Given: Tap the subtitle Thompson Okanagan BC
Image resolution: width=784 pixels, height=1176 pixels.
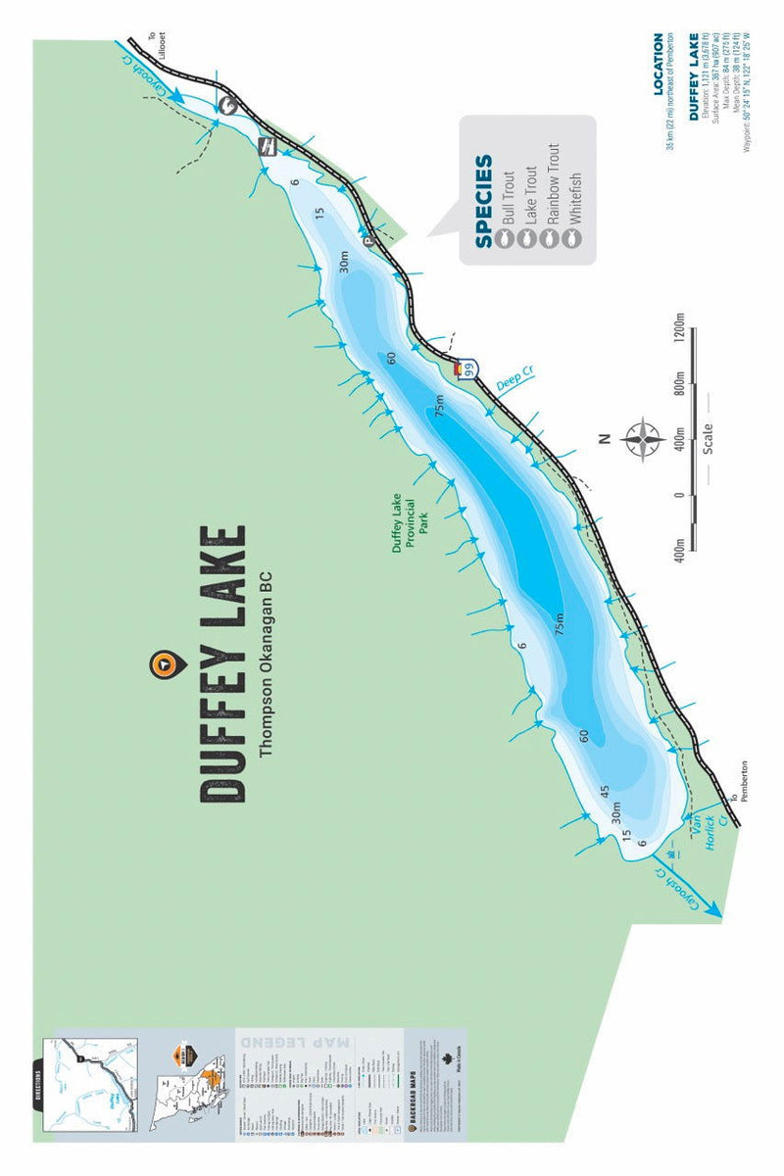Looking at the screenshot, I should click(265, 664).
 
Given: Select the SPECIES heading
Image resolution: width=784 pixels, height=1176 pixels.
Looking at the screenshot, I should click(484, 201).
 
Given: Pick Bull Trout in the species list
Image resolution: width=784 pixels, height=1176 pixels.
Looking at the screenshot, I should click(508, 201).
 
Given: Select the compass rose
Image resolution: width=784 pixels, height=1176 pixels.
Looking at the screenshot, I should click(642, 438).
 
